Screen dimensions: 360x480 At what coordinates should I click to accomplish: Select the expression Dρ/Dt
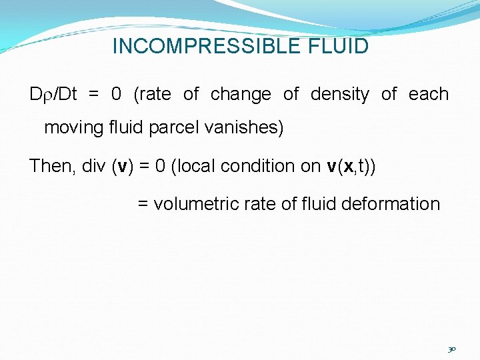pos(53,95)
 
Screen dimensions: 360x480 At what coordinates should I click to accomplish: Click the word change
pos(241,95)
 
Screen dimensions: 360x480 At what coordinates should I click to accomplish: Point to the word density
pos(339,95)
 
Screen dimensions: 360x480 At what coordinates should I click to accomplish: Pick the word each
pos(429,95)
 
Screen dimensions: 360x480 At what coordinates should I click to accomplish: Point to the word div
pos(91,166)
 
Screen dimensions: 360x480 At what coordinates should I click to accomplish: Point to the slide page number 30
pos(452,349)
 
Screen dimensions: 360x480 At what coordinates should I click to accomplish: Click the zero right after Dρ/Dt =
pos(116,95)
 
